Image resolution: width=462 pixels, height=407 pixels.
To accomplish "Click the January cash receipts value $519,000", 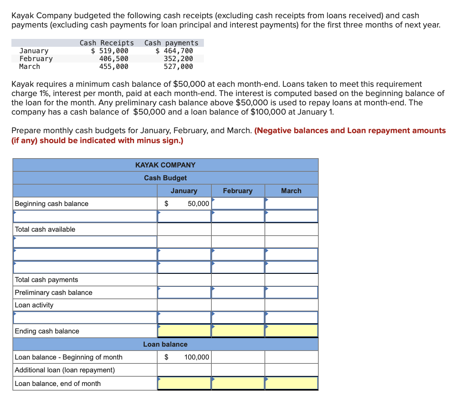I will coord(109,51).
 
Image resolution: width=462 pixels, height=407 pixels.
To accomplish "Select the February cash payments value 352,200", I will coord(178,59).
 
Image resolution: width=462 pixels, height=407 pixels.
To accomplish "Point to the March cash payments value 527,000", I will coord(178,66).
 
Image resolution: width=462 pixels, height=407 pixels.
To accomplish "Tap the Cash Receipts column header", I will coord(107,43).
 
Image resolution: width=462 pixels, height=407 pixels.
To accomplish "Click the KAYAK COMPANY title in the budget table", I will coord(165,165).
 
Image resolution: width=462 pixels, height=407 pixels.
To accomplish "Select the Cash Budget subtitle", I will coord(165,178).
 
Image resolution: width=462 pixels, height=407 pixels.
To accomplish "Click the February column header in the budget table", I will coord(238,191).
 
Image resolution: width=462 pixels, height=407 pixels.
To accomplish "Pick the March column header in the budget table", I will coord(291,191).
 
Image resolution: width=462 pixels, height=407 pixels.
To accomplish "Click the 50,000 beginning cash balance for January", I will coord(198,203).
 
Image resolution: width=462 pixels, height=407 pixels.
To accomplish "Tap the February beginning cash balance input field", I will coord(238,203).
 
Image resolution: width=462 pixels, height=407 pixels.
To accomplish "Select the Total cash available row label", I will coord(45,229).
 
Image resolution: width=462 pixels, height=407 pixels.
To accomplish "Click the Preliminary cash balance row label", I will coord(53,292).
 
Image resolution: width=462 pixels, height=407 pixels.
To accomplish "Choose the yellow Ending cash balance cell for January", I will coord(184,331).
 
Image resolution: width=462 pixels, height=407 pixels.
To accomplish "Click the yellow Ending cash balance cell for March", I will coord(291,331).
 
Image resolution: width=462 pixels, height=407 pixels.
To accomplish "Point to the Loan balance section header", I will coord(165,344).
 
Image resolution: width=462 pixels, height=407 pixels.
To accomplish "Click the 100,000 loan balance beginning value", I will coord(196,357).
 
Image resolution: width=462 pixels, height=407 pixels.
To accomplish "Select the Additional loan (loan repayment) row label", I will coord(65,370).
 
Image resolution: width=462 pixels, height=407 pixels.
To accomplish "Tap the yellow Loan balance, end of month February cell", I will coord(238,383).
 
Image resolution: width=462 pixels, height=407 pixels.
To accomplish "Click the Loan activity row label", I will coord(34,305).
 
